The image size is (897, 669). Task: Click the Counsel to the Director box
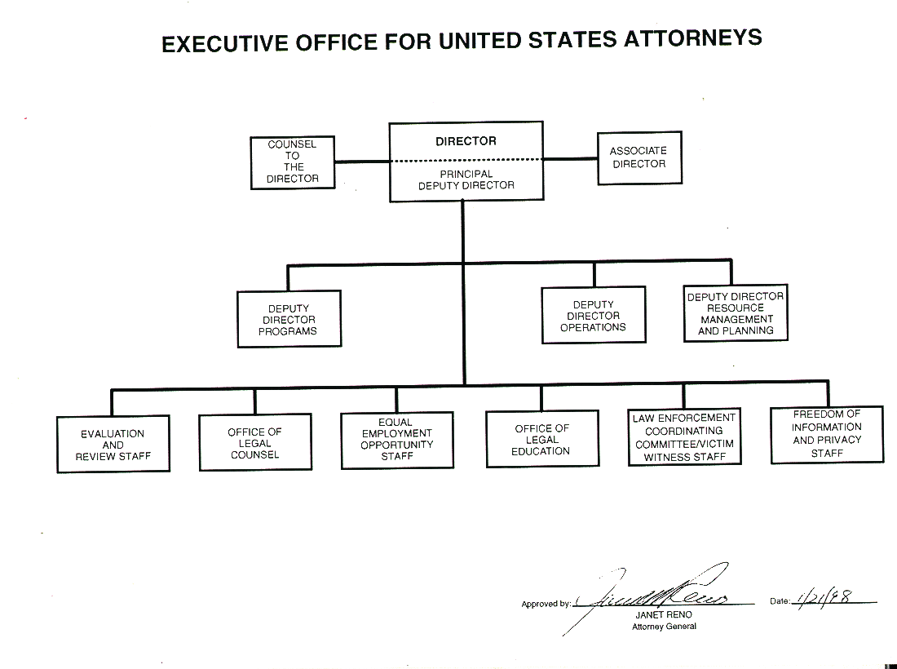coord(292,162)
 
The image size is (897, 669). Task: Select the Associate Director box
coord(639,157)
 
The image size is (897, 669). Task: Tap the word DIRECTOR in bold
coord(466,141)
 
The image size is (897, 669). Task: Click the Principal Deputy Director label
coord(466,179)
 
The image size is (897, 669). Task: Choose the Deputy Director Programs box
coord(289,320)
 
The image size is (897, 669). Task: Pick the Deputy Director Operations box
coord(594,316)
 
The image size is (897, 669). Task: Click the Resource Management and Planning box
coord(736,314)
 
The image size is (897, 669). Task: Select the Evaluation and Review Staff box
coord(113,445)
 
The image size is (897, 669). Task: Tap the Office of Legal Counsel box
coord(255,443)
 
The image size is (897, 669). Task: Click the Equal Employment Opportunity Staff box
coord(397,441)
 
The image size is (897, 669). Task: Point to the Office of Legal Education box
coord(542,440)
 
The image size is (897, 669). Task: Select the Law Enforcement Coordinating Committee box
coord(684,437)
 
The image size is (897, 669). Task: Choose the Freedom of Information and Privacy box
coord(827,434)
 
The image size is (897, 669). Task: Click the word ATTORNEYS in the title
coord(692,38)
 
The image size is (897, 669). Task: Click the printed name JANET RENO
coord(664,614)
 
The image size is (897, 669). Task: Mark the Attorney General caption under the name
coord(664,627)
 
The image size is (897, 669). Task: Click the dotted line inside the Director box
coord(466,160)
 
